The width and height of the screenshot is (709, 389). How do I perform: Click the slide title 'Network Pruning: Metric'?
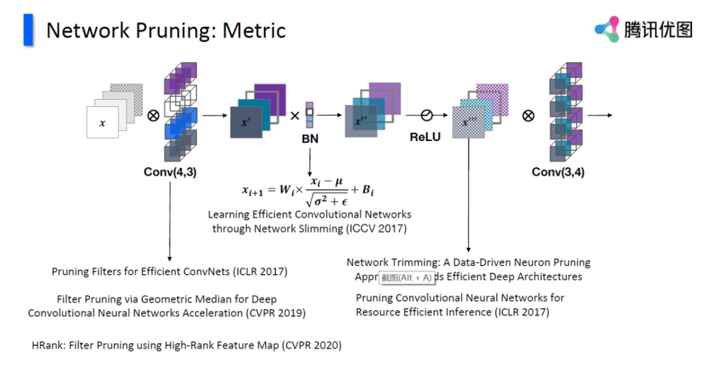[166, 30]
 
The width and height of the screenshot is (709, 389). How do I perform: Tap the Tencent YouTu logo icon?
[607, 30]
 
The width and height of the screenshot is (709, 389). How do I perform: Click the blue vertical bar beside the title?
[28, 30]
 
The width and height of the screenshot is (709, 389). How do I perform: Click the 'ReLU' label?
[425, 137]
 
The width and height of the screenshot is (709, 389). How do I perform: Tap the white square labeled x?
[103, 123]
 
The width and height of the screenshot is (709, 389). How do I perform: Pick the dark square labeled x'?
[245, 123]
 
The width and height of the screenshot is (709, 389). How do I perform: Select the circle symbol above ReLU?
[426, 115]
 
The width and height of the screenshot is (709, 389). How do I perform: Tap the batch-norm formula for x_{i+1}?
[308, 190]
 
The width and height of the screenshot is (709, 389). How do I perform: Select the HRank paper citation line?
[186, 345]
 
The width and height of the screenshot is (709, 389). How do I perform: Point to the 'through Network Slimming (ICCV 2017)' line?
[309, 228]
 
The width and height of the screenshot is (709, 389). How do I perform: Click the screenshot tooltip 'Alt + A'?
[407, 277]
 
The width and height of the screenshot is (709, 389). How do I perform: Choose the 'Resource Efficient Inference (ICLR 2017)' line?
[452, 312]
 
